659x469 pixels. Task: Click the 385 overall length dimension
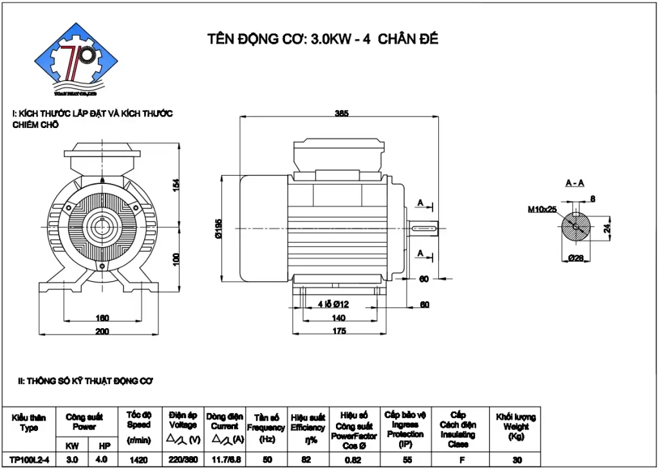tap(341, 113)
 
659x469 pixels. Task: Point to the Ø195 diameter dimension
tap(219, 229)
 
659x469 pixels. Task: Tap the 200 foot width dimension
tap(102, 331)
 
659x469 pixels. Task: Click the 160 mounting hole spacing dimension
tap(102, 318)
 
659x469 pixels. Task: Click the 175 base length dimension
tap(339, 331)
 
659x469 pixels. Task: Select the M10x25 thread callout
tap(542, 209)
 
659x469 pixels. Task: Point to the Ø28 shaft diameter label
tap(575, 258)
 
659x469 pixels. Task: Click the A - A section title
tap(575, 183)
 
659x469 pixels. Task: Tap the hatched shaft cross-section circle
tap(575, 228)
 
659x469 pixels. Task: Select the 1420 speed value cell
tap(138, 459)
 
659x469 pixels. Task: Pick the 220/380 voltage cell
tap(183, 459)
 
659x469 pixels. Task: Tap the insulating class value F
tap(458, 459)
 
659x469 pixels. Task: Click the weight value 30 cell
tap(516, 459)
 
